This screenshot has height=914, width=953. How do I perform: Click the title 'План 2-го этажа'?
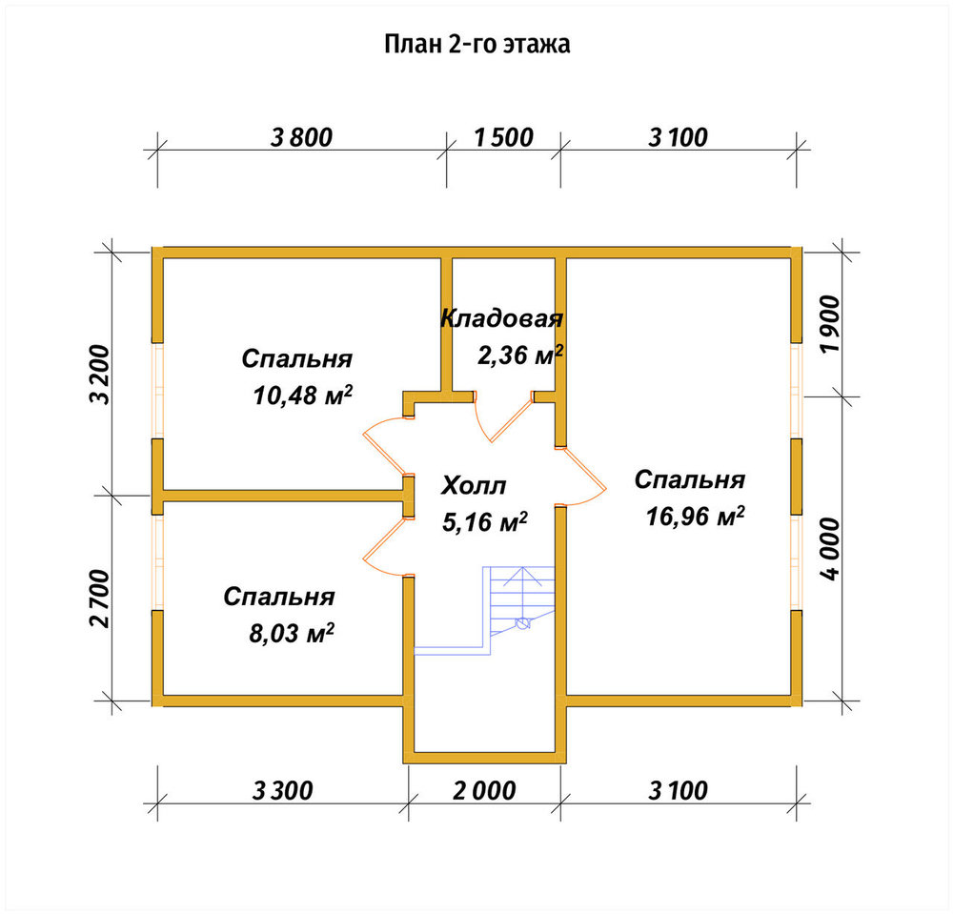coord(477,45)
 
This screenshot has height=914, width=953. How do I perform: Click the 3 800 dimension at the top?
coord(301,137)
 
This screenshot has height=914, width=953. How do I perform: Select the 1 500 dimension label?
coord(503,137)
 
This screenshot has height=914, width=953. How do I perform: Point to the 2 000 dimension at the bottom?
coord(484,791)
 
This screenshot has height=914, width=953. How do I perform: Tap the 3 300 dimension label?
coord(283,791)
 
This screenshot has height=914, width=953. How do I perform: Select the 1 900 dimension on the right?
coord(830,324)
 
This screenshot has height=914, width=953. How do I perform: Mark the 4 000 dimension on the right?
coord(830,549)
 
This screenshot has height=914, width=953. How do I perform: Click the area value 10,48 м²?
coord(303,396)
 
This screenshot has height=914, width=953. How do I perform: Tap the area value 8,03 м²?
coord(292,633)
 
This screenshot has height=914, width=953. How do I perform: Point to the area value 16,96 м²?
coord(696,517)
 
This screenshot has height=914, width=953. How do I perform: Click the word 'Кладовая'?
coord(502,318)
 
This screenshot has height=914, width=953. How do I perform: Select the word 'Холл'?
coord(474,486)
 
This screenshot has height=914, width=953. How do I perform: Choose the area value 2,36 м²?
coord(520,355)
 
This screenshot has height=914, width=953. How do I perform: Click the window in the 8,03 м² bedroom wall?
coord(157,562)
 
